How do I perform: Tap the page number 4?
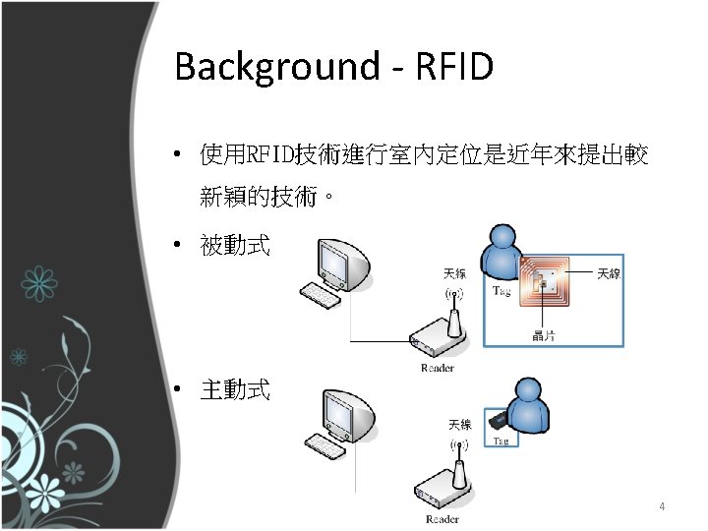662,507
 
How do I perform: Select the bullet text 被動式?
234,245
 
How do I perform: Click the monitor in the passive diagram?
341,260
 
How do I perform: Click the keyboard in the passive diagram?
321,294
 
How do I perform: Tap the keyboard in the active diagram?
325,445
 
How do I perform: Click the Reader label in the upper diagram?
438,368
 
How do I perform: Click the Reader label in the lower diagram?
442,518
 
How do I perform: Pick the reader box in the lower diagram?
443,490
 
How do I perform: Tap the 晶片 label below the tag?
542,335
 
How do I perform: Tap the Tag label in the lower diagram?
501,441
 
